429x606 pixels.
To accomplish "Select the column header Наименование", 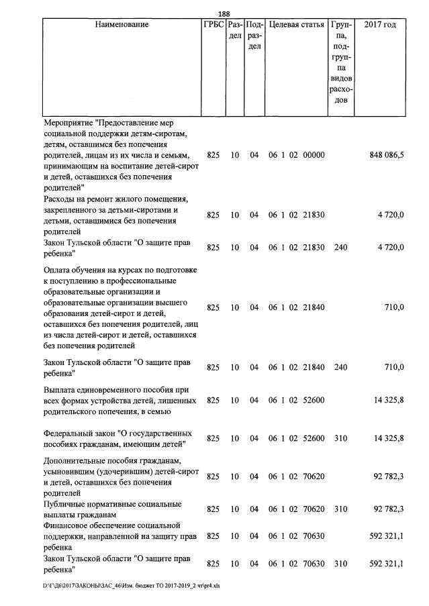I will click(122, 25).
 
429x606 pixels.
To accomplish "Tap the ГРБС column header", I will click(213, 25).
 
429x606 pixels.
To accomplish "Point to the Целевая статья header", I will click(296, 25).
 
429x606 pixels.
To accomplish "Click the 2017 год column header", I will click(379, 25).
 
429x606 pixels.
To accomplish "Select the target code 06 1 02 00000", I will click(297, 155).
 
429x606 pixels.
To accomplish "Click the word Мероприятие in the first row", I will click(68, 123).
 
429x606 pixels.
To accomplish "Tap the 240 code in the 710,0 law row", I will click(340, 367).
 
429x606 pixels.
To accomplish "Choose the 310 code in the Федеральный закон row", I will click(340, 438).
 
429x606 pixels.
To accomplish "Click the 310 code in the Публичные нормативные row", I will click(340, 509).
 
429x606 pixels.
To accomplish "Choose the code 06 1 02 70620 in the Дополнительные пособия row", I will click(297, 476).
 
